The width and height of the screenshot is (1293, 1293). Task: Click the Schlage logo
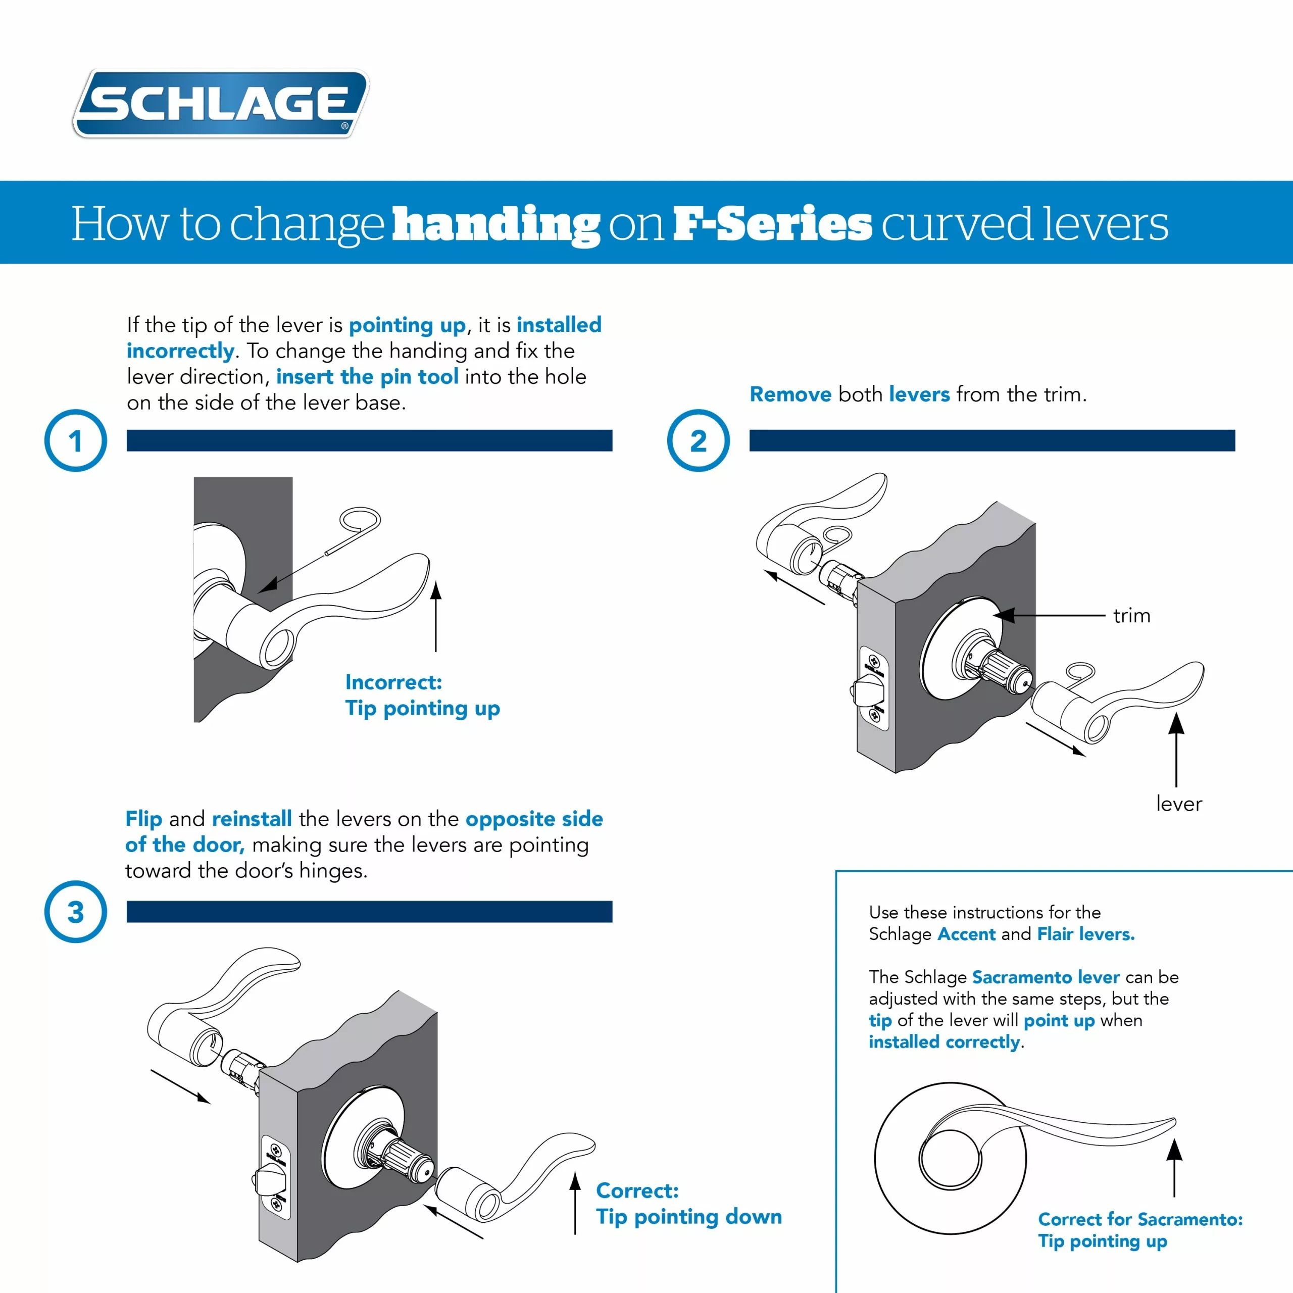pos(221,104)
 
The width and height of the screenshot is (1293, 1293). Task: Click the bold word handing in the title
pos(496,224)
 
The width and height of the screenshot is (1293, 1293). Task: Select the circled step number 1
pos(76,440)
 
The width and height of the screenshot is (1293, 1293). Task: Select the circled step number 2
pos(698,440)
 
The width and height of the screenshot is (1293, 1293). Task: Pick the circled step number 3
pos(76,912)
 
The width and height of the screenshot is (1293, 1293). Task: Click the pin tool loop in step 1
pos(360,520)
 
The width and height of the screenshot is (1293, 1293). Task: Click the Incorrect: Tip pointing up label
pos(422,694)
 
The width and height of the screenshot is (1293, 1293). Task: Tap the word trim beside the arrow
pos(1132,616)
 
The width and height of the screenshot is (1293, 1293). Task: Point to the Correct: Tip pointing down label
pos(688,1203)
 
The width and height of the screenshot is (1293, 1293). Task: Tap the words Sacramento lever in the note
pos(1046,977)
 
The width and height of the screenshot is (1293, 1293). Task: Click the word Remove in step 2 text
pos(790,394)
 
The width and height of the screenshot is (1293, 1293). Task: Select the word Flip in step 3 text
pos(144,819)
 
